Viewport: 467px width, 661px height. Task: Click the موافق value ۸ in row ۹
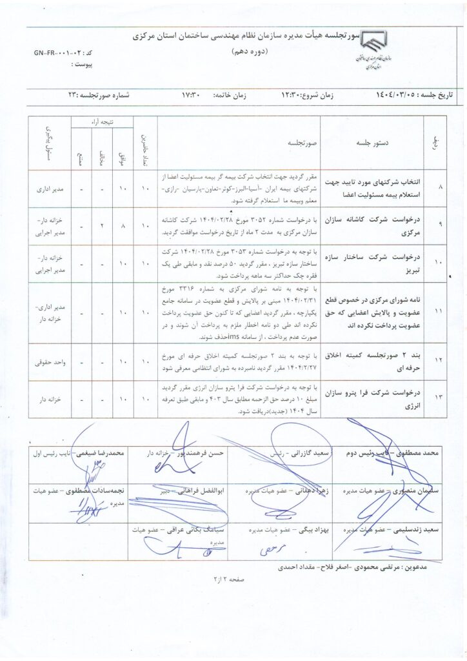click(x=123, y=227)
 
